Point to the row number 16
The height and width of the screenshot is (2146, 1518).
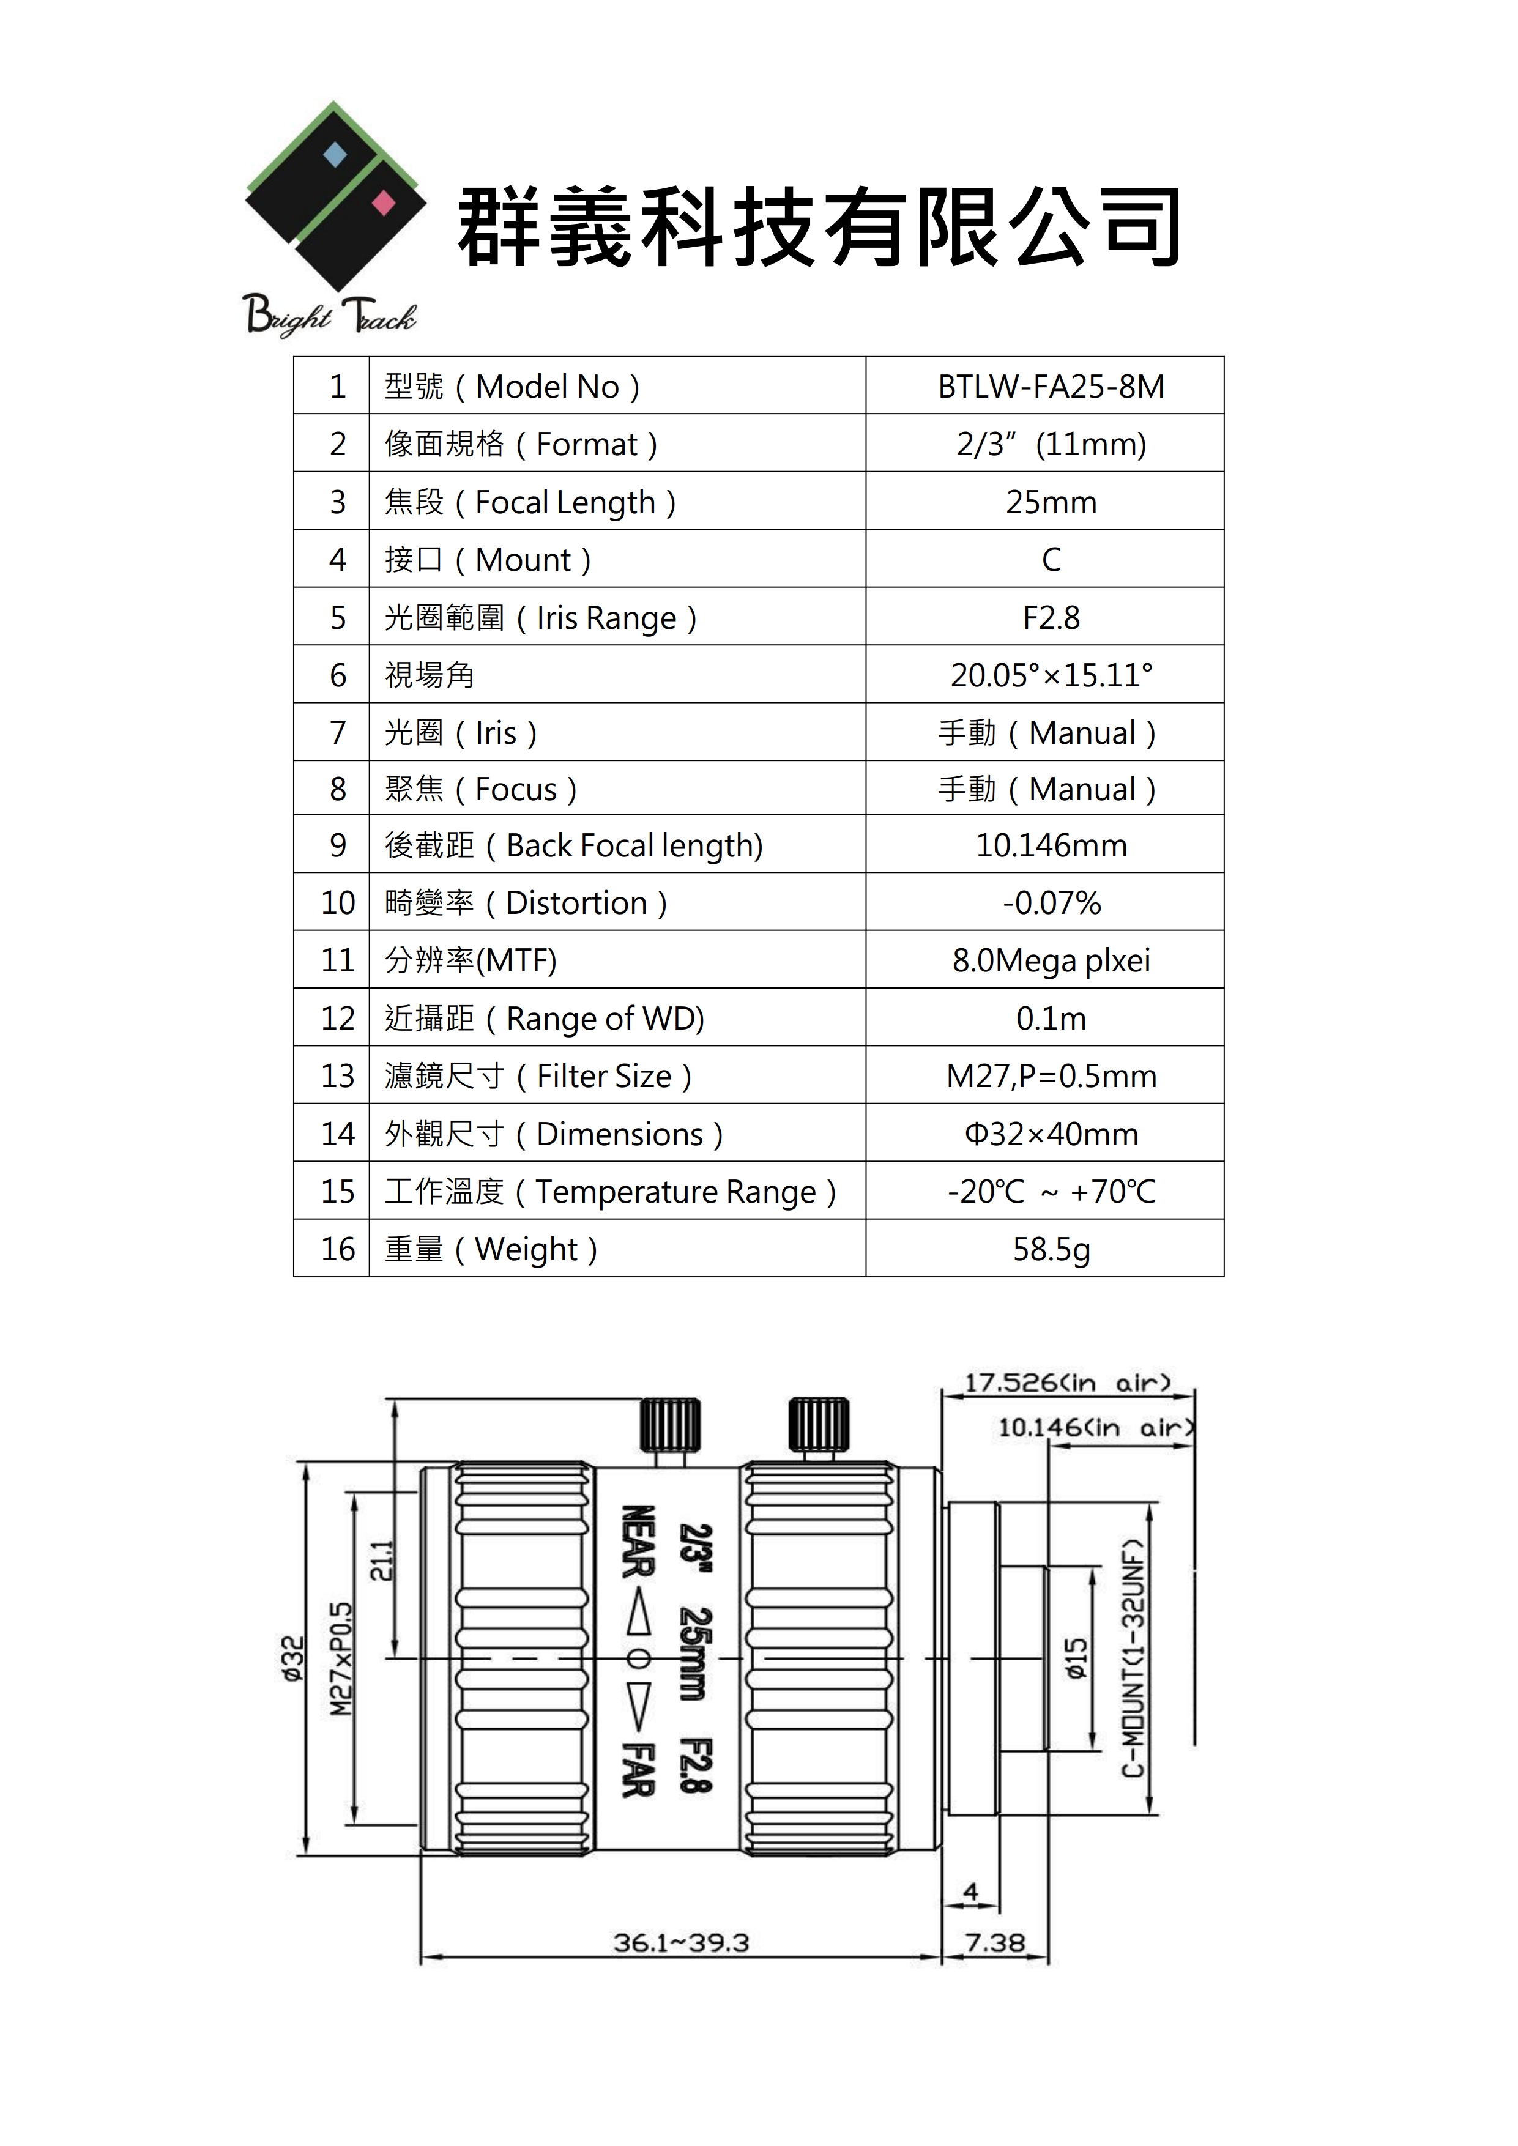click(x=338, y=1250)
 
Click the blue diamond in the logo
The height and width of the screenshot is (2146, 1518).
click(x=335, y=154)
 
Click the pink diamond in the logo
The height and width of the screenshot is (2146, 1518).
click(x=383, y=203)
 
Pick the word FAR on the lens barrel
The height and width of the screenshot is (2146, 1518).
click(x=638, y=1769)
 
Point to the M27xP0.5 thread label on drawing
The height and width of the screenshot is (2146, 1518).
click(x=341, y=1659)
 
